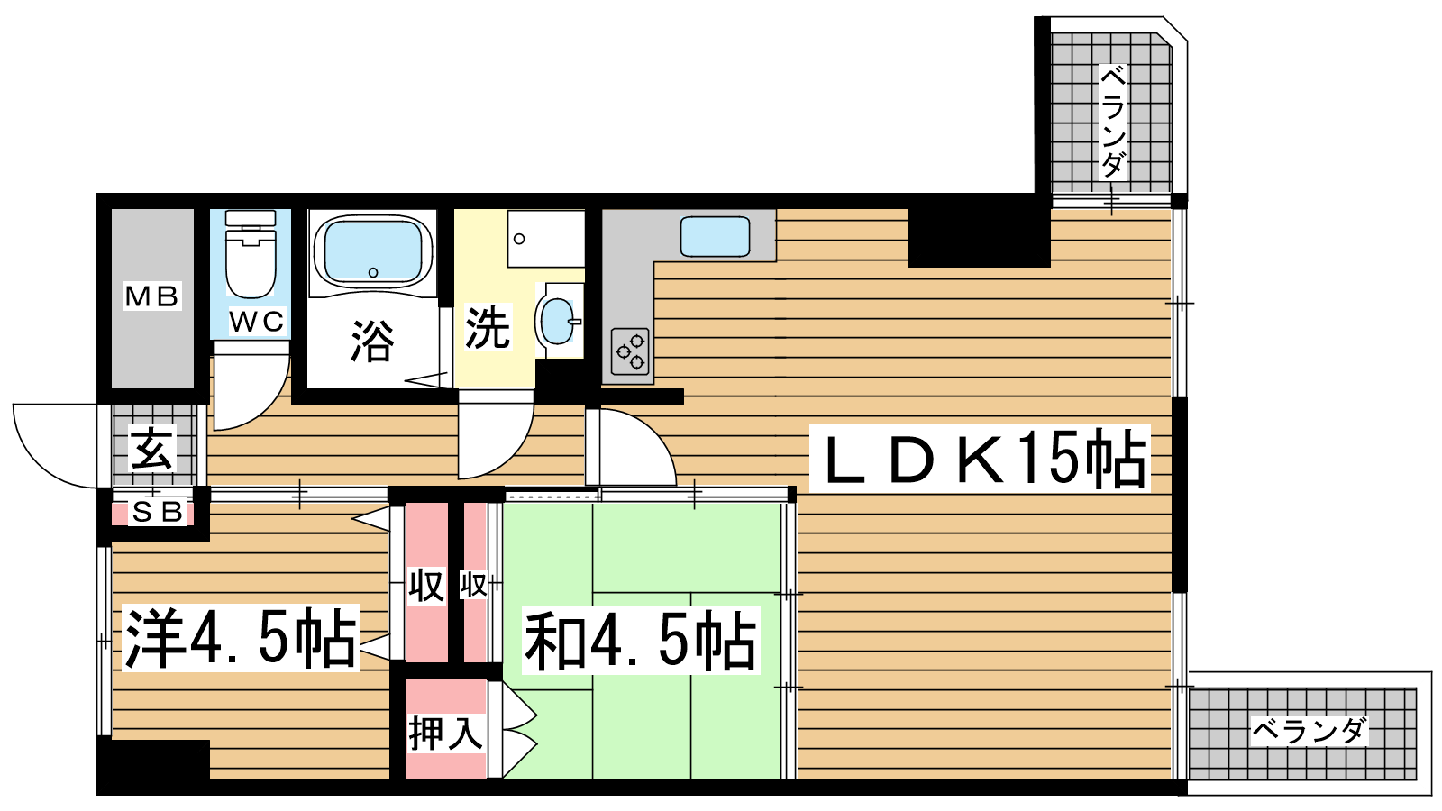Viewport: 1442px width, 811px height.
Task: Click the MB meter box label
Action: [x=152, y=296]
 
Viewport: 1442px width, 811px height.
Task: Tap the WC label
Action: [x=256, y=321]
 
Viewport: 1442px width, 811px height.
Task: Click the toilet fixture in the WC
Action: [x=251, y=253]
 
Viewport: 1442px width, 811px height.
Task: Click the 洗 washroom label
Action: [x=488, y=328]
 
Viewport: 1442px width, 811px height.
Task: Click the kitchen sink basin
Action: [x=716, y=237]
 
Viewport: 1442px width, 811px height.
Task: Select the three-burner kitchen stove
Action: [x=630, y=351]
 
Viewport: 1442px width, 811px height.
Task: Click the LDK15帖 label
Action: [x=979, y=458]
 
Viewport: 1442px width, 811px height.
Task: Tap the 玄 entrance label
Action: [x=152, y=450]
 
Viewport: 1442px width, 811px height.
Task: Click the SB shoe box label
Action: [x=158, y=513]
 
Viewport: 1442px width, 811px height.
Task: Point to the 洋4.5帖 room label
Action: [x=241, y=638]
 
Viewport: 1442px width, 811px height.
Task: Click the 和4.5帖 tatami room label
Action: [x=641, y=641]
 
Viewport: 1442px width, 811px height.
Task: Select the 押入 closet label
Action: [x=445, y=733]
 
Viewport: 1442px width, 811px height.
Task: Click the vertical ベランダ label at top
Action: [x=1113, y=122]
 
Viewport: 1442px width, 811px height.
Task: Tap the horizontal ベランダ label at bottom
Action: [x=1309, y=731]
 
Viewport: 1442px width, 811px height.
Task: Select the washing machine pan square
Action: [x=546, y=238]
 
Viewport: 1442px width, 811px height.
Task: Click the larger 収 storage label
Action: [x=426, y=586]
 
